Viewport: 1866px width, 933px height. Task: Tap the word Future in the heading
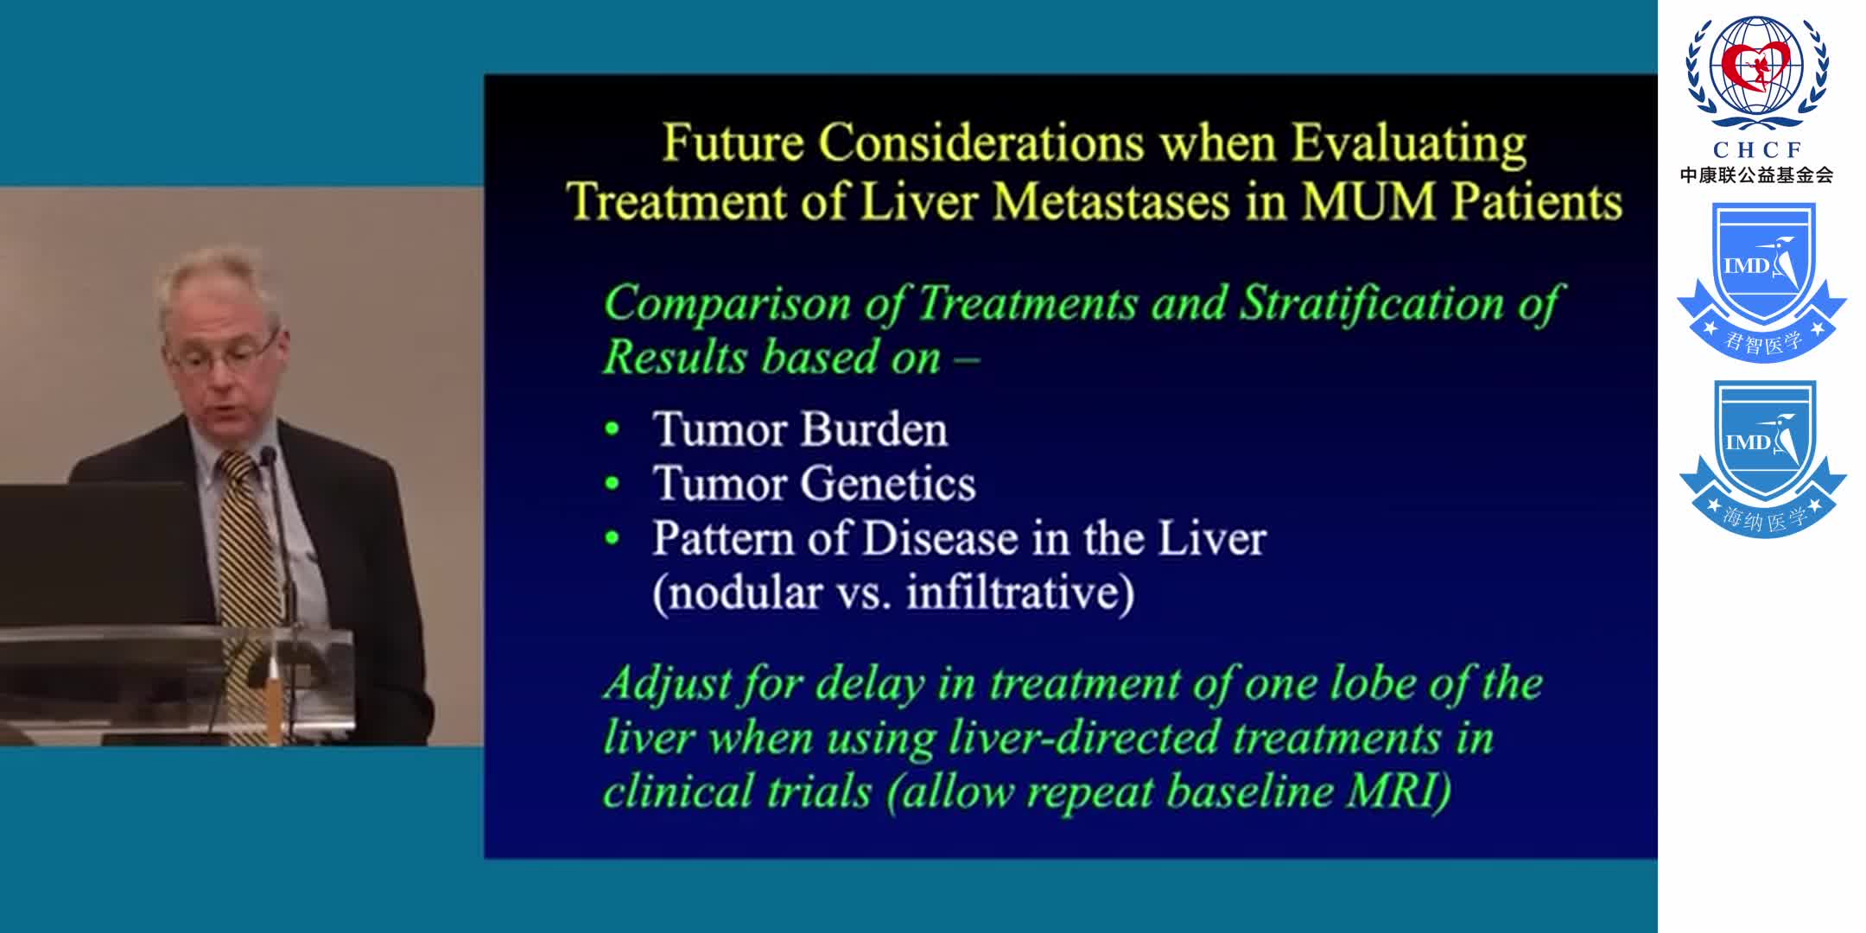tap(732, 143)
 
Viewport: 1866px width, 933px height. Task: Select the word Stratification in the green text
tap(1372, 304)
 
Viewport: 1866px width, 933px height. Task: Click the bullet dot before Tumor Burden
tap(612, 429)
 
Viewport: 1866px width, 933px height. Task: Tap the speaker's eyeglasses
tap(226, 352)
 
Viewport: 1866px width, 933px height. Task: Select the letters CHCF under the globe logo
tap(1756, 149)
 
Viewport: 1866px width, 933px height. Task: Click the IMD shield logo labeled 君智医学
tap(1761, 281)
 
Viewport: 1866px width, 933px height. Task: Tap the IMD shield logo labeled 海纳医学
tap(1761, 458)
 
